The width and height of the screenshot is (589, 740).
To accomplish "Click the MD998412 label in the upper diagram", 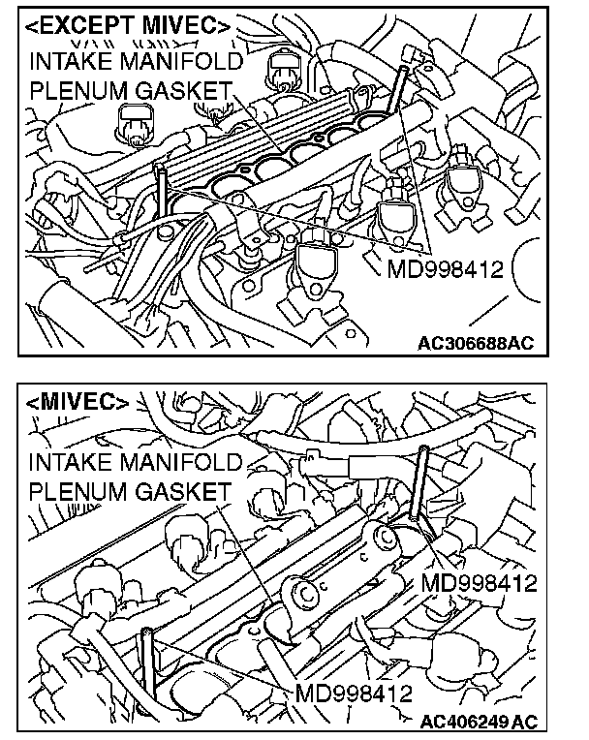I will (446, 268).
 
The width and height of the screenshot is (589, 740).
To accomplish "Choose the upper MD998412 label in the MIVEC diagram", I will (480, 584).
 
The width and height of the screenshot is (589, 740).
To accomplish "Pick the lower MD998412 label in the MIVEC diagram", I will (355, 694).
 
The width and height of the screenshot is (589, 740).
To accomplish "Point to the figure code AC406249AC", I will (479, 722).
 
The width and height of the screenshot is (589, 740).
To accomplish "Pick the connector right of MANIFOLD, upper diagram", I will (282, 66).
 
